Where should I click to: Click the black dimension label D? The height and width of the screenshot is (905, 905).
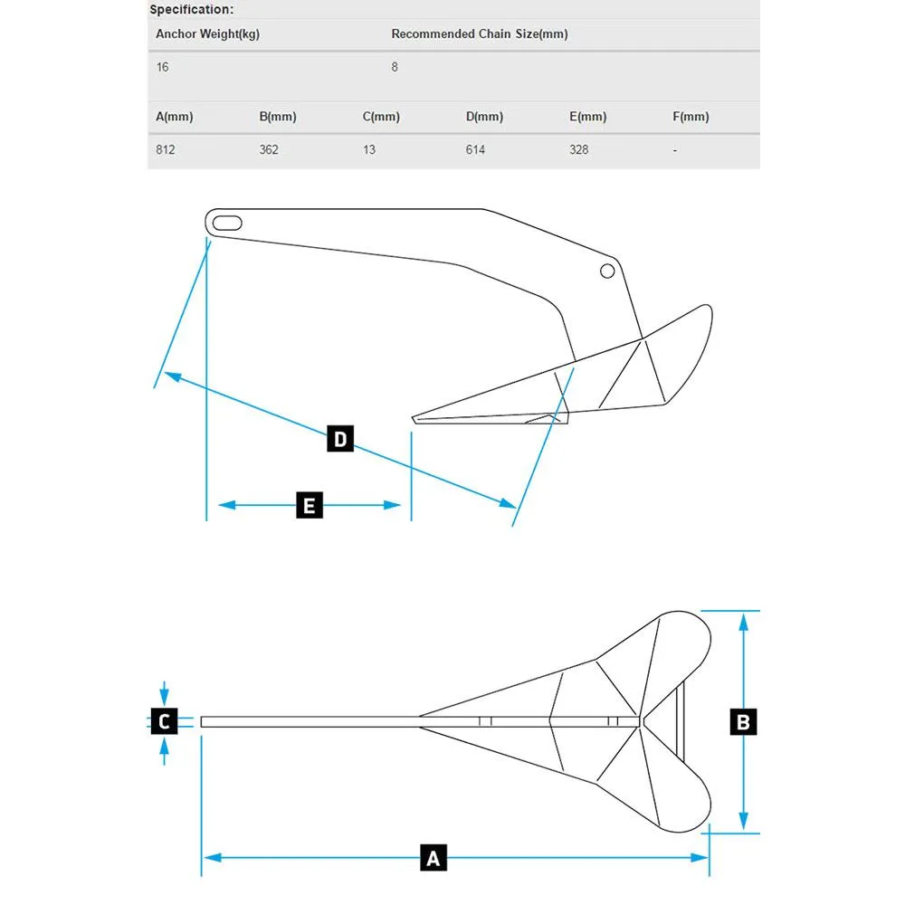(x=340, y=439)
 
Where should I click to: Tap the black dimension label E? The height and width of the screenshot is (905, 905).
(x=310, y=505)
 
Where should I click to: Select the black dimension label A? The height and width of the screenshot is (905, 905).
(x=433, y=858)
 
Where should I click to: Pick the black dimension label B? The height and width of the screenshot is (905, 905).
(x=743, y=722)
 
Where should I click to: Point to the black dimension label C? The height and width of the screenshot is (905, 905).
(x=164, y=721)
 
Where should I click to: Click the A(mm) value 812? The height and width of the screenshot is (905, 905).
(x=165, y=150)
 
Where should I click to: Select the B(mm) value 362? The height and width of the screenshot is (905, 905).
(x=269, y=150)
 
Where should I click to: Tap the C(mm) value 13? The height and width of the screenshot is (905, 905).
(x=369, y=150)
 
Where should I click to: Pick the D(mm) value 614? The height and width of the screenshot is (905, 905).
(x=476, y=150)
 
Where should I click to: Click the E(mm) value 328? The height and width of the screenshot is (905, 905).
(x=579, y=150)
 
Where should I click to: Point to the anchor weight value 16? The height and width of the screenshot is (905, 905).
(x=162, y=67)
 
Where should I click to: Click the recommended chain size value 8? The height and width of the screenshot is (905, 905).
(x=395, y=67)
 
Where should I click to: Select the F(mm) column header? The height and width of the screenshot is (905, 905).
(x=691, y=117)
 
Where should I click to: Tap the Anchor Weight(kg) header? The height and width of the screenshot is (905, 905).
(x=208, y=34)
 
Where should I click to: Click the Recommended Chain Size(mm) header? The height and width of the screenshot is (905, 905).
(x=480, y=34)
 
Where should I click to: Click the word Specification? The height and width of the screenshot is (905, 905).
(x=190, y=9)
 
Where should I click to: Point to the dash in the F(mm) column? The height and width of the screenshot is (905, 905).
(x=675, y=150)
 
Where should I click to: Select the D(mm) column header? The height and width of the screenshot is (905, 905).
(x=484, y=117)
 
